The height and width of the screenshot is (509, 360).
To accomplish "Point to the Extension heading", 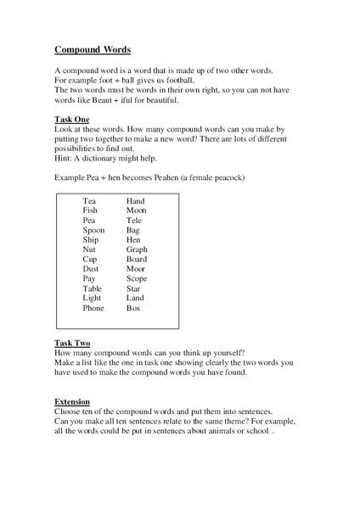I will pyautogui.click(x=73, y=401).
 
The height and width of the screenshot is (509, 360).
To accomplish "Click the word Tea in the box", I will pyautogui.click(x=89, y=200).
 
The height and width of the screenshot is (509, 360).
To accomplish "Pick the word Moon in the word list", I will pyautogui.click(x=136, y=210).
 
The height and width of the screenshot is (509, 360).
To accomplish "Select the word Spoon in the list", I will pyautogui.click(x=94, y=230).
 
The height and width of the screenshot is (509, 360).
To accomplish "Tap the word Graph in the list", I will pyautogui.click(x=137, y=249).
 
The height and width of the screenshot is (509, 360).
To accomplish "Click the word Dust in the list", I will pyautogui.click(x=91, y=269).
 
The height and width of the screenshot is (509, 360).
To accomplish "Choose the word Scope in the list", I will pyautogui.click(x=137, y=279).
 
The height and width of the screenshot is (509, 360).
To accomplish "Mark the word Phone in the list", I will pyautogui.click(x=93, y=308).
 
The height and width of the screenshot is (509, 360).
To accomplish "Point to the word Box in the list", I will pyautogui.click(x=133, y=308).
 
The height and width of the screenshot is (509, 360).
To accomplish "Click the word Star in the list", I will pyautogui.click(x=133, y=288).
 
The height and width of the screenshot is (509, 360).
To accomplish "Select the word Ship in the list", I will pyautogui.click(x=91, y=240).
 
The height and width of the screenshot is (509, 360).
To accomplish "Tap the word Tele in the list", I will pyautogui.click(x=133, y=221).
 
